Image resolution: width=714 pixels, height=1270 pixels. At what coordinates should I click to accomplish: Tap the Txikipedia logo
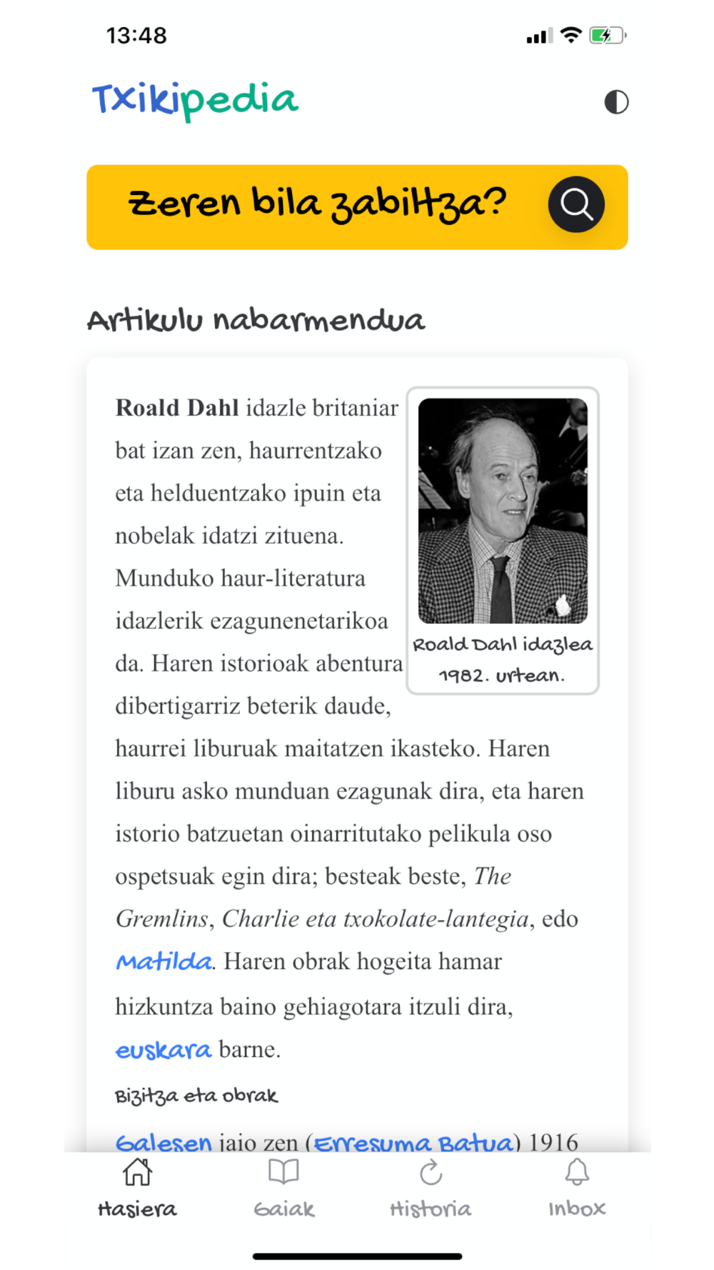[194, 100]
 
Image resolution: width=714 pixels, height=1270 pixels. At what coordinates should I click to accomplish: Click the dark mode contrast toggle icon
[616, 102]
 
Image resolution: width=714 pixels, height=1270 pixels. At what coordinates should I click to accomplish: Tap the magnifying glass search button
[576, 205]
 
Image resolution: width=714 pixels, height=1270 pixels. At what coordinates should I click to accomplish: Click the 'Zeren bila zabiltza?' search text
[317, 204]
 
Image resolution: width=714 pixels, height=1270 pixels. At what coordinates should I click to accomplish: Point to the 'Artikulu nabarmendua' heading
[256, 320]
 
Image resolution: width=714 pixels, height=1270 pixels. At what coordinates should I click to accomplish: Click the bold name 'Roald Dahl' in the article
[177, 408]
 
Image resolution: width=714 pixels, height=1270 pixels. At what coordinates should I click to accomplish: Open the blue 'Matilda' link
[164, 961]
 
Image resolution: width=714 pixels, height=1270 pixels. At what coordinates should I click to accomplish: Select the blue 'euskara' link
[164, 1049]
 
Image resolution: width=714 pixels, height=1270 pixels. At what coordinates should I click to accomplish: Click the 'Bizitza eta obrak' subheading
[196, 1096]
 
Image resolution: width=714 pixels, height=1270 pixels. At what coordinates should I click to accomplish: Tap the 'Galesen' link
[164, 1142]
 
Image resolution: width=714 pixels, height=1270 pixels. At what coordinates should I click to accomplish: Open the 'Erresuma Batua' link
[413, 1142]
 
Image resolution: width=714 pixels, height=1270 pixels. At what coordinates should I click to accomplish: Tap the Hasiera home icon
[137, 1172]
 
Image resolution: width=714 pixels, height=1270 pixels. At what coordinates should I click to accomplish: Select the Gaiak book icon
[283, 1172]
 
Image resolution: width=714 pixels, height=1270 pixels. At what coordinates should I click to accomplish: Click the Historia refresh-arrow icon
[431, 1172]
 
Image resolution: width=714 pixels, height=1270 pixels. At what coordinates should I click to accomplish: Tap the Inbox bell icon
[577, 1172]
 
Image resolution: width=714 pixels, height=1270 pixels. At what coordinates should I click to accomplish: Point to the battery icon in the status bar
[606, 36]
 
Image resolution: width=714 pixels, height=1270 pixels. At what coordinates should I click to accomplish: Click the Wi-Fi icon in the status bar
[571, 35]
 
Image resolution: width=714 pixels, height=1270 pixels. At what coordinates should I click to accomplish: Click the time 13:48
[136, 36]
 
